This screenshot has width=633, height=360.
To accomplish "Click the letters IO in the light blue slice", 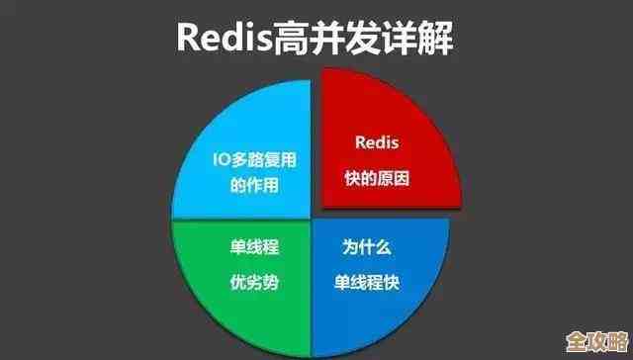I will (222, 158).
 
